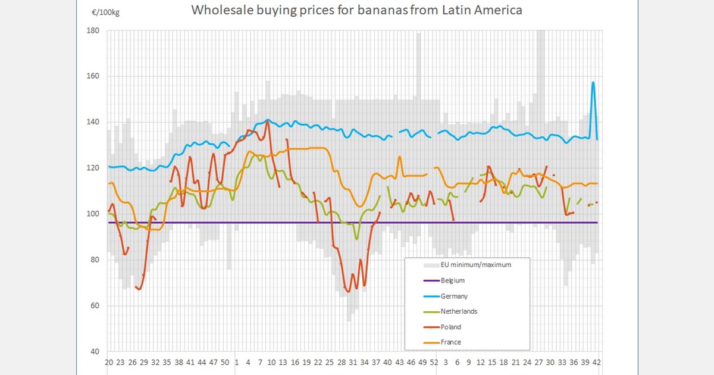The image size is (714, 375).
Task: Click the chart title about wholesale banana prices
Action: [x=357, y=10]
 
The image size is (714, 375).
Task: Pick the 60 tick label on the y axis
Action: [x=94, y=305]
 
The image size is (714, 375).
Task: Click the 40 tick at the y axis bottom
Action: [x=94, y=351]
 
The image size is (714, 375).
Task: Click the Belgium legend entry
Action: [x=452, y=280]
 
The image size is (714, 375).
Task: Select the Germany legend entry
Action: [x=454, y=296]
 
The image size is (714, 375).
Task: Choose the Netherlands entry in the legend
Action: [x=458, y=311]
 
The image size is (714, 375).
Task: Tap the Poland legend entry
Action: [x=450, y=327]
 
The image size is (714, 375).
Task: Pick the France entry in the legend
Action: [x=450, y=342]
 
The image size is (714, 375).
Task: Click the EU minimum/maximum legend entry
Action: [x=476, y=265]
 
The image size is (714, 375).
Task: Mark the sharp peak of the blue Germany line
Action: [x=593, y=82]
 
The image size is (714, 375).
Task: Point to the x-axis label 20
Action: [x=109, y=362]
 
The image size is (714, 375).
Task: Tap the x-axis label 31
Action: [x=353, y=362]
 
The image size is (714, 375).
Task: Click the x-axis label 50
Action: [x=225, y=362]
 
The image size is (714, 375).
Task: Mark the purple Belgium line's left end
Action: [x=108, y=223]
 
